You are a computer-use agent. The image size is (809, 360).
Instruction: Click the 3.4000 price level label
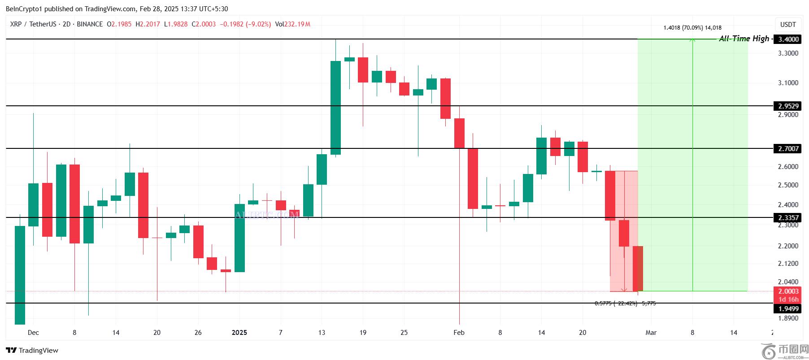tap(788, 39)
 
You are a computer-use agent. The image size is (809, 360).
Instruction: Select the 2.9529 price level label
tap(788, 106)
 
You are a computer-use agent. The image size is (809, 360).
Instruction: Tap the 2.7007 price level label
tap(788, 148)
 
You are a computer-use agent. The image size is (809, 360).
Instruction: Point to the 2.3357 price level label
tap(788, 218)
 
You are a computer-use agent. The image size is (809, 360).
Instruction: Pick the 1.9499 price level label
tap(788, 308)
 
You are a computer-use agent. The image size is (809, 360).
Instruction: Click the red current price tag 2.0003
tap(788, 291)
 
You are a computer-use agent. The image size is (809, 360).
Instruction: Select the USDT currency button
tap(788, 25)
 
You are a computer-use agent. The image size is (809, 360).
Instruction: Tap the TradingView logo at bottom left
tap(32, 351)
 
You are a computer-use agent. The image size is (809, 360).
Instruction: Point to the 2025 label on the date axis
tap(239, 333)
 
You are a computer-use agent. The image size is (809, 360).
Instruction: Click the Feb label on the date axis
tap(459, 333)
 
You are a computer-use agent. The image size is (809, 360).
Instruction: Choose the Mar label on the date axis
tap(651, 333)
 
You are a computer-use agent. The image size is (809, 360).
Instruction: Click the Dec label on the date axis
tap(33, 333)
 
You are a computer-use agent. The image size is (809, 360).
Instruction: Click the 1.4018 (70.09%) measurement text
tap(692, 28)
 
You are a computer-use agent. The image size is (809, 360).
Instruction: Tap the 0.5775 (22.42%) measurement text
tap(625, 304)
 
